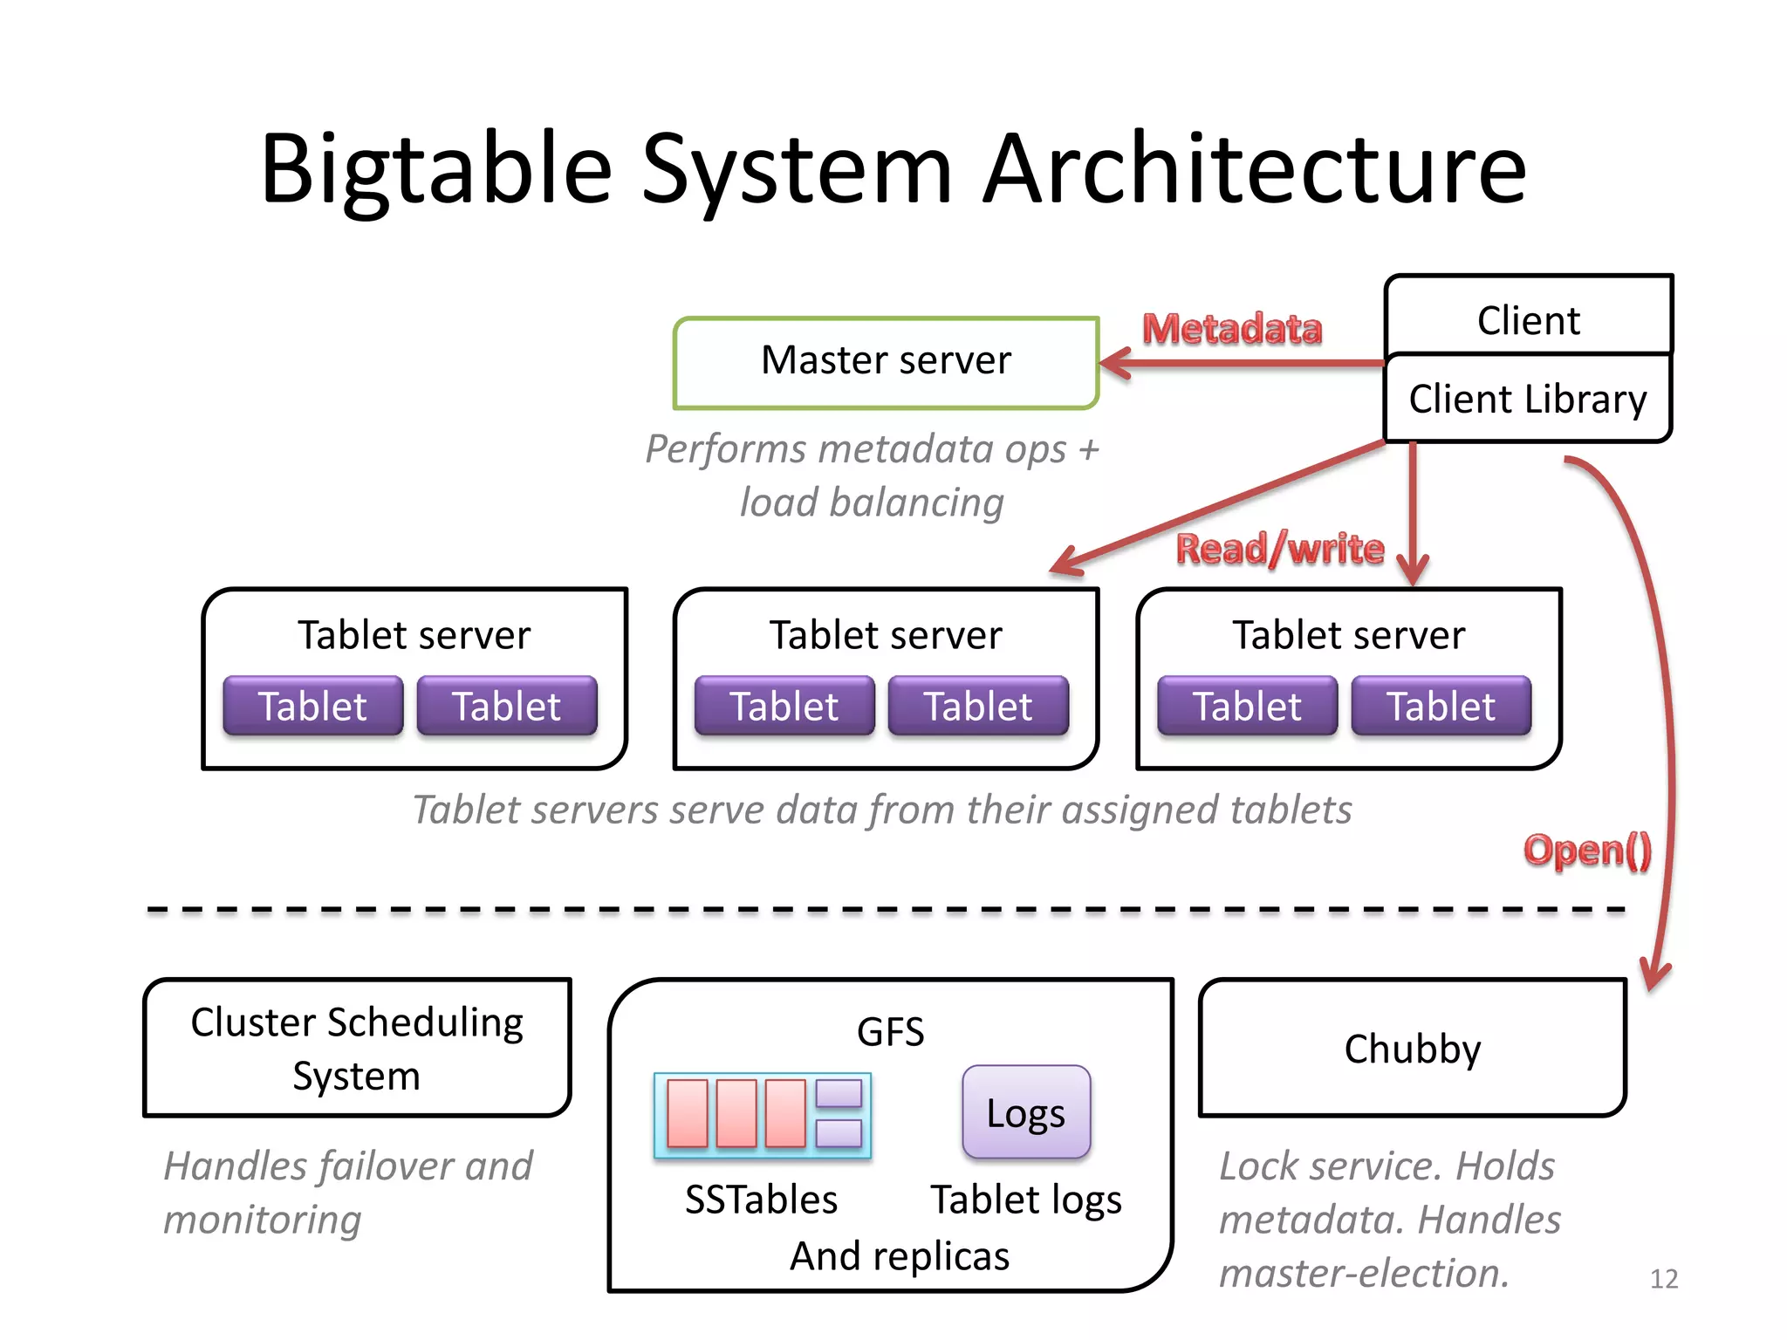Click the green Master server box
point(886,362)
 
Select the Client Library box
point(1528,399)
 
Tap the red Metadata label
point(1232,329)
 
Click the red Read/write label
point(1280,549)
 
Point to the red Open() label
point(1587,850)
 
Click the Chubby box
point(1413,1048)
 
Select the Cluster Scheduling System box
point(357,1048)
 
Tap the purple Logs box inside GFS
point(1026,1112)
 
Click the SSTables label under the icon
point(761,1200)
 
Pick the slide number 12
point(1664,1279)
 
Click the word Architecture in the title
point(1255,169)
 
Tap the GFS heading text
point(890,1032)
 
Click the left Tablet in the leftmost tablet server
point(313,706)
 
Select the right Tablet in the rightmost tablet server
point(1441,706)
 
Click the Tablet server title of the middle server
point(886,634)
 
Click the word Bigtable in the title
point(436,169)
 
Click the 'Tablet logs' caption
point(1026,1200)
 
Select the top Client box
point(1528,319)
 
